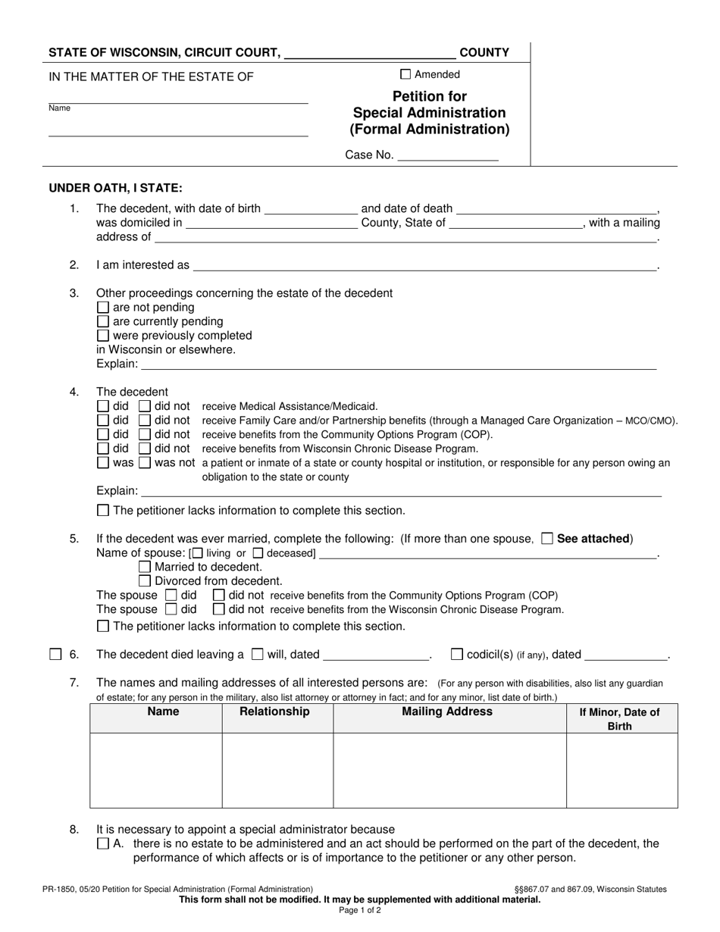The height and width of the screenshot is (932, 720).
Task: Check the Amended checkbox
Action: (405, 74)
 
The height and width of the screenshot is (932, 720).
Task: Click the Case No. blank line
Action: (447, 155)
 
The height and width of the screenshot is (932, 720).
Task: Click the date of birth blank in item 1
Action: (311, 208)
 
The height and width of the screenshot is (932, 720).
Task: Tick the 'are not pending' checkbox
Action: (104, 308)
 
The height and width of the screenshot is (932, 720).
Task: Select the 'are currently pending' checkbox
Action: (104, 321)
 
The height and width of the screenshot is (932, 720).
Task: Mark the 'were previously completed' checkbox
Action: (104, 336)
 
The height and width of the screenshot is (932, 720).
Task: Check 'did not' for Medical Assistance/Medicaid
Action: (146, 406)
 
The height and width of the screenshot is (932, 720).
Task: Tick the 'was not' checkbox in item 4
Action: (146, 463)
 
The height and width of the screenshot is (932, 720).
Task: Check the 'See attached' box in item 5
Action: (547, 539)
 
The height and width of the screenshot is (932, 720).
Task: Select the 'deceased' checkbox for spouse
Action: (258, 553)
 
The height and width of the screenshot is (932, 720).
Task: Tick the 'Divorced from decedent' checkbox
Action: (146, 581)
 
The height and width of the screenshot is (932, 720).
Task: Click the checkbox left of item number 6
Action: (55, 655)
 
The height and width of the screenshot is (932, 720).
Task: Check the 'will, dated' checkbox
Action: (257, 654)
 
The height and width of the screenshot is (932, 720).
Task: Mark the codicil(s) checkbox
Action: (457, 654)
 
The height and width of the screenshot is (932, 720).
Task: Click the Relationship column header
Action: (274, 712)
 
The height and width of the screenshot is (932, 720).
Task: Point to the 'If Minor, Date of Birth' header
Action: (619, 718)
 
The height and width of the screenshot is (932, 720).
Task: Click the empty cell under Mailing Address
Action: (449, 770)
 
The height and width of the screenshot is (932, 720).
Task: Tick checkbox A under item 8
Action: (104, 843)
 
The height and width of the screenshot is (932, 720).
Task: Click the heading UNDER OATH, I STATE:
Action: (115, 188)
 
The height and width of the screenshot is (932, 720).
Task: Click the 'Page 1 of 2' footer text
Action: (360, 911)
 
